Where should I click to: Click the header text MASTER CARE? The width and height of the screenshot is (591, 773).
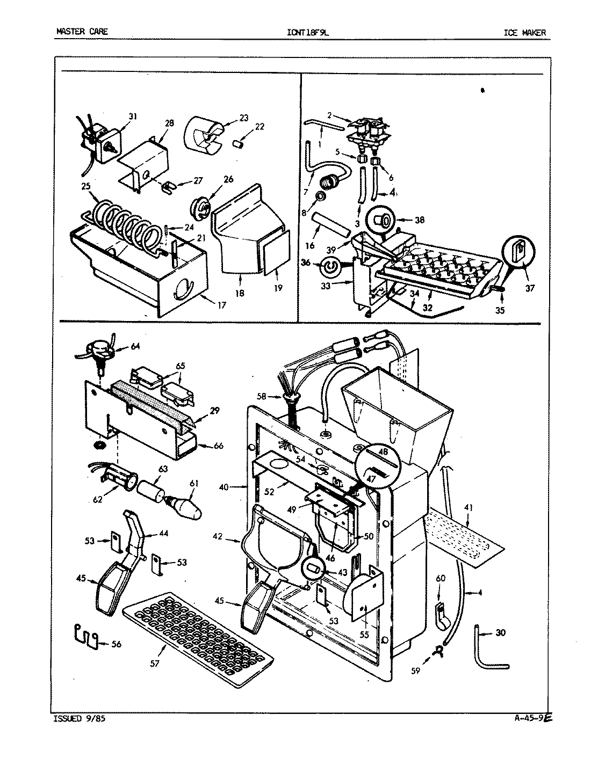pos(82,32)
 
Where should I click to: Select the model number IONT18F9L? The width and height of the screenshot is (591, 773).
pos(308,32)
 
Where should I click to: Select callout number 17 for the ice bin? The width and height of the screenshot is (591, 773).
pos(221,305)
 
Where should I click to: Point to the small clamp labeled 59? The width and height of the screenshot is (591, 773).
pos(439,651)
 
